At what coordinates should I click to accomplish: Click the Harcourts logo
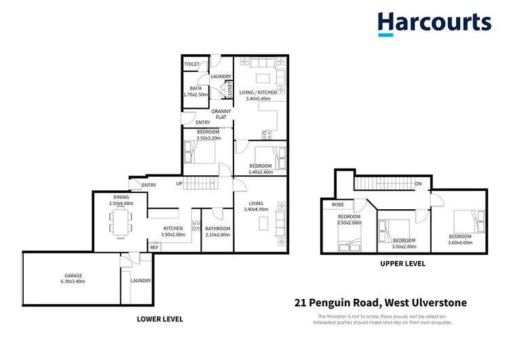(434, 23)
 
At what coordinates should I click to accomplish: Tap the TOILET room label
(192, 65)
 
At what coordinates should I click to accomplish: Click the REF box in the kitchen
(155, 247)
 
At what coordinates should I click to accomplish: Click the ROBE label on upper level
(337, 204)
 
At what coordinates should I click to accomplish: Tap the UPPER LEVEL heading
(402, 264)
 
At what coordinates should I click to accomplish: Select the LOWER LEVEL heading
(160, 319)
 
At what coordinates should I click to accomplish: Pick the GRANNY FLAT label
(221, 114)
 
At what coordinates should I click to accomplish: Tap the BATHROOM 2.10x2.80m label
(218, 232)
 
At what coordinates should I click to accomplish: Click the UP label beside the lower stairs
(179, 184)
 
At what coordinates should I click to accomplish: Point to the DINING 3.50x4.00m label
(121, 200)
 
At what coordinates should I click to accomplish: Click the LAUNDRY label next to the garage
(140, 281)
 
